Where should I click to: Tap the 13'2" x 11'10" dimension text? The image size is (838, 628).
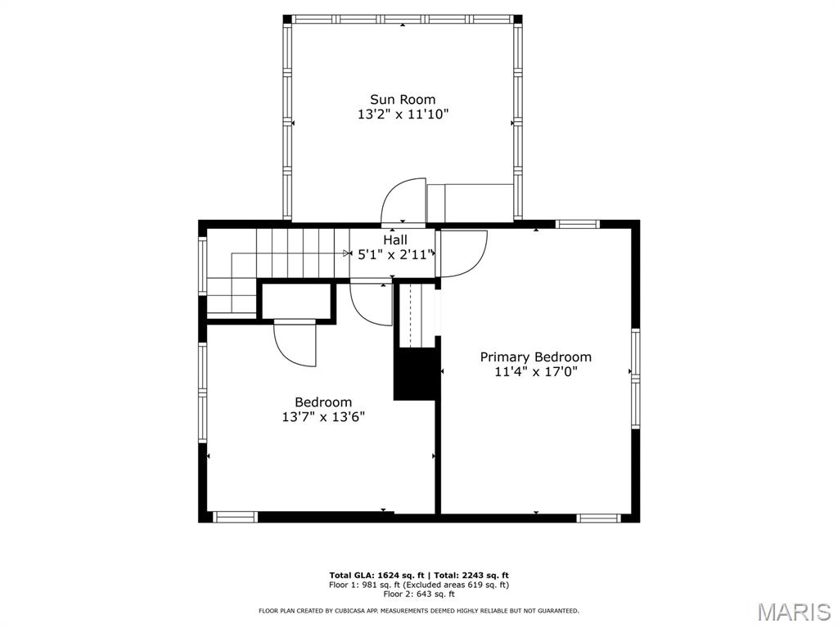coord(403,114)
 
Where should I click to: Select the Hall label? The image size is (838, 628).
coord(395,240)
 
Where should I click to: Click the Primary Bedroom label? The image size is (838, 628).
coord(535,357)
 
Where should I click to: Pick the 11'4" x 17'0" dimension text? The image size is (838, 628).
coord(535,372)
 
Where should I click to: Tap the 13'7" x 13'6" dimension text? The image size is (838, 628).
coord(323,417)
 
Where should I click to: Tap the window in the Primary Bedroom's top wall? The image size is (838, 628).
coord(577,224)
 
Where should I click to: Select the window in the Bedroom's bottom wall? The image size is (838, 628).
coord(235,517)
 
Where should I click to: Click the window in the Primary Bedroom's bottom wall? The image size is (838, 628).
coord(598,518)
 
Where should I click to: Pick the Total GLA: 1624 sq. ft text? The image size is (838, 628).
coord(376,575)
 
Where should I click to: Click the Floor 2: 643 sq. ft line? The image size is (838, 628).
coord(419,594)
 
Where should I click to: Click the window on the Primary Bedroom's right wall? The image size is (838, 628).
coord(635,378)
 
